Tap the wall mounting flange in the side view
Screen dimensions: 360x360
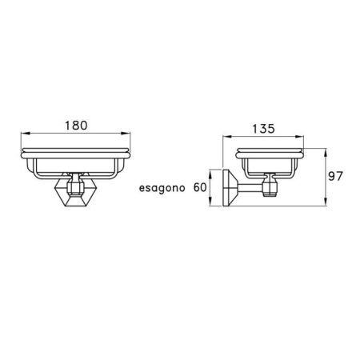[231, 188]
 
